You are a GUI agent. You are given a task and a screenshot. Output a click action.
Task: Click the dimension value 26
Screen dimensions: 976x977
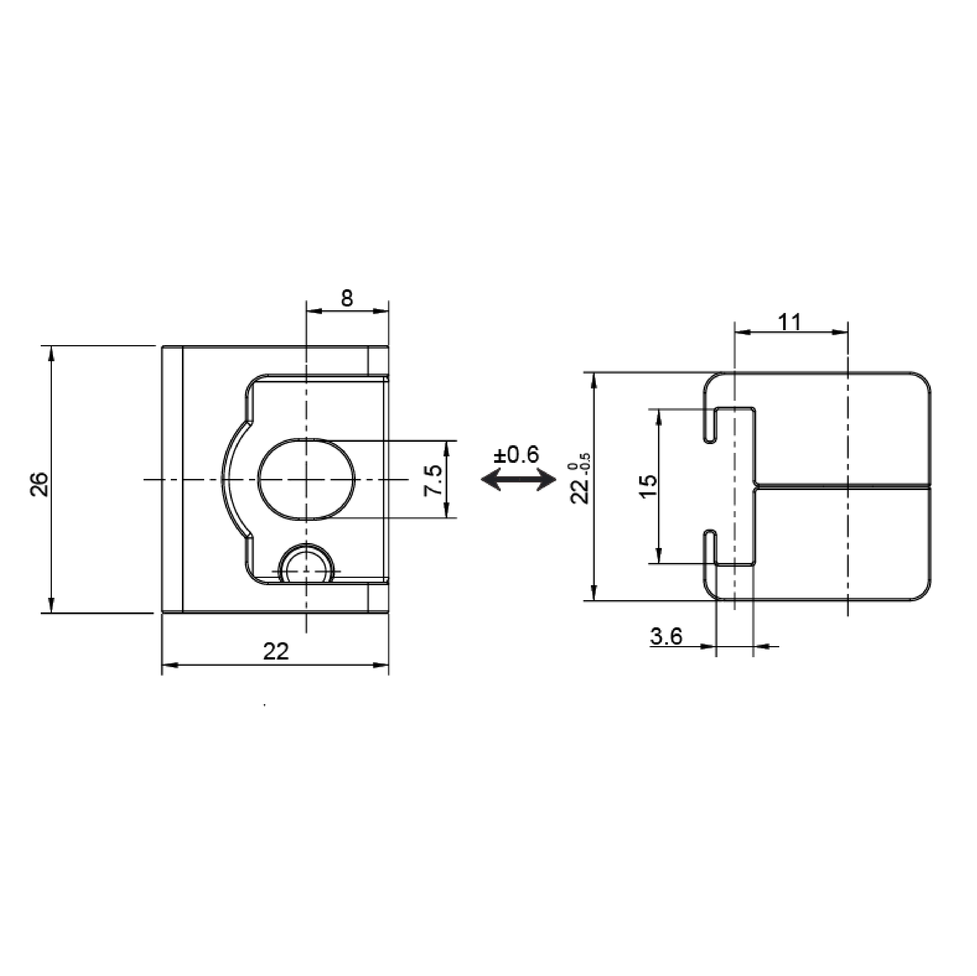click(40, 484)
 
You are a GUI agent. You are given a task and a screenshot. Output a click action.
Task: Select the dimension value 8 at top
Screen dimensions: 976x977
click(347, 299)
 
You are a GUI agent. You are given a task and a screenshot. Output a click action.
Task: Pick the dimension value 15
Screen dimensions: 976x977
click(649, 486)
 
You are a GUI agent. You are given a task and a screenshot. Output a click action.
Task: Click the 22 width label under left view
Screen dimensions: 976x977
click(276, 652)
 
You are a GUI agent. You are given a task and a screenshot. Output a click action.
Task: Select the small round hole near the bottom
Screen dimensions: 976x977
click(307, 564)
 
